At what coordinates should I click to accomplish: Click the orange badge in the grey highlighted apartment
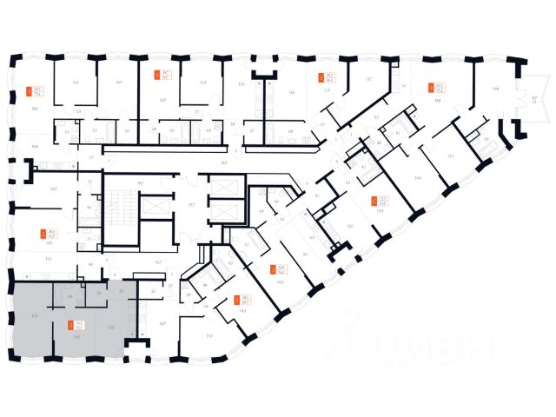pyautogui.click(x=70, y=326)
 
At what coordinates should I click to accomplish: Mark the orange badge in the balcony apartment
pyautogui.click(x=429, y=86)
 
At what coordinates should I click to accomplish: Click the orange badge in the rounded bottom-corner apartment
pyautogui.click(x=237, y=300)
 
